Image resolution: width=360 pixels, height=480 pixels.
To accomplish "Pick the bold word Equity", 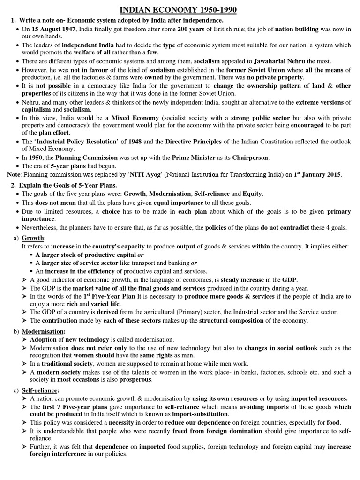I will pyautogui.click(x=252, y=194).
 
